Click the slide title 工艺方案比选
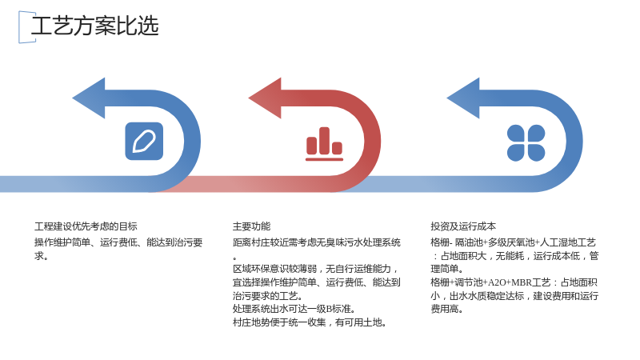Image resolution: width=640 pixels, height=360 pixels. pyautogui.click(x=94, y=26)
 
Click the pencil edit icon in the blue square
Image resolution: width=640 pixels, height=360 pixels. pyautogui.click(x=144, y=142)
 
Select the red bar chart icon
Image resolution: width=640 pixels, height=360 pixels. pyautogui.click(x=325, y=144)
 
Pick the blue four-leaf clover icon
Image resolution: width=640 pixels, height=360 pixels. pyautogui.click(x=526, y=143)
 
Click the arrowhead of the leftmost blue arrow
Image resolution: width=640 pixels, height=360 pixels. pyautogui.click(x=89, y=98)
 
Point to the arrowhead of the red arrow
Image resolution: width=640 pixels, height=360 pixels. pyautogui.click(x=266, y=98)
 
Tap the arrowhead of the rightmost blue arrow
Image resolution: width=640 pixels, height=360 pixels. pyautogui.click(x=463, y=98)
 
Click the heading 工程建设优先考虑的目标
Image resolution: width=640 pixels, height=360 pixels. pyautogui.click(x=86, y=226)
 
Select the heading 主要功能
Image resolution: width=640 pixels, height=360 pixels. pyautogui.click(x=251, y=226)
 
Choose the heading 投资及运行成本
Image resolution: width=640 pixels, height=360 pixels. pyautogui.click(x=463, y=226)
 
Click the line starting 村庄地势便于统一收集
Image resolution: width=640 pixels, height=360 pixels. pyautogui.click(x=310, y=322)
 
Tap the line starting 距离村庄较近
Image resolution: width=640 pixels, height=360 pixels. pyautogui.click(x=317, y=242)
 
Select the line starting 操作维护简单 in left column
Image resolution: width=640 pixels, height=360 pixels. pyautogui.click(x=118, y=242)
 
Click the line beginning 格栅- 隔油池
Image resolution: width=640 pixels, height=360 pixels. pyautogui.click(x=513, y=242)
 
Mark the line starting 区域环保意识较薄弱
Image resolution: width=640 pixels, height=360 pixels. pyautogui.click(x=315, y=269)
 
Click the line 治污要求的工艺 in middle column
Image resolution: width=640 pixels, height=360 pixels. pyautogui.click(x=268, y=295)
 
